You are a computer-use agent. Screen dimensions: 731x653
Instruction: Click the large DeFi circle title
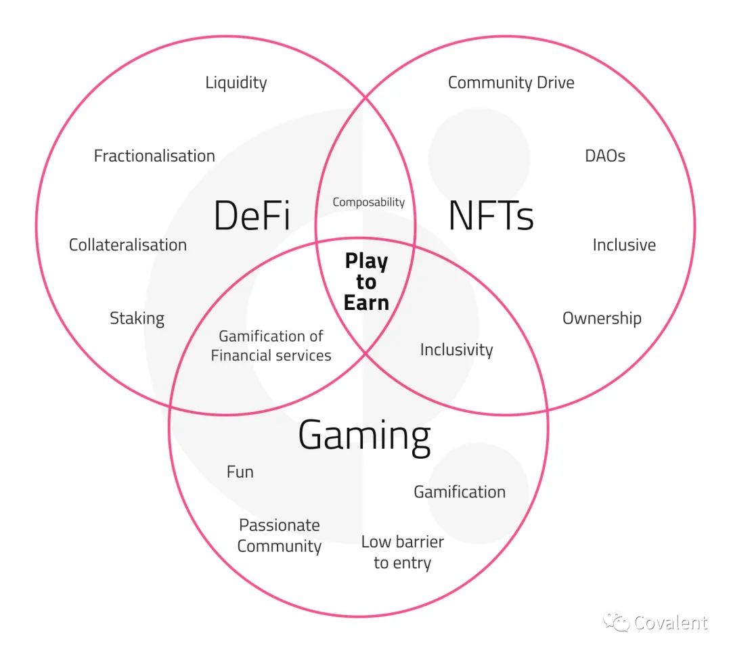pos(252,217)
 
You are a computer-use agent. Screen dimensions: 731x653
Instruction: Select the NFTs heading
pos(491,217)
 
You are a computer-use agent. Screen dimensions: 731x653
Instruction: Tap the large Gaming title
pos(364,434)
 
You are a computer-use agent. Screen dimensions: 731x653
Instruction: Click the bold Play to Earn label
pos(366,282)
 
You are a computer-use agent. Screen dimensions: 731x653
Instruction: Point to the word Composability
pos(368,202)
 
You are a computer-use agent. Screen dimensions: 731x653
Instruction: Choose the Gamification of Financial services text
pos(271,345)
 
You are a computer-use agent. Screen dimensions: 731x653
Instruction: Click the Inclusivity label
pos(456,350)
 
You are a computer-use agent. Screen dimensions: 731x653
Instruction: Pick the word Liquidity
pos(236,83)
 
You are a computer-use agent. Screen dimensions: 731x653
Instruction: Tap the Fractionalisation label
pos(154,156)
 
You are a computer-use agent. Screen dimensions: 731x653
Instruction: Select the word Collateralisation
pos(128,244)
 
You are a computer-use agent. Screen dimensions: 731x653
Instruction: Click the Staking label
pos(137,318)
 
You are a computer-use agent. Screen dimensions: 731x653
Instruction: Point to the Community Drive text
pos(511,83)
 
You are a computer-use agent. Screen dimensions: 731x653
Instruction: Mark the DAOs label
pos(604,156)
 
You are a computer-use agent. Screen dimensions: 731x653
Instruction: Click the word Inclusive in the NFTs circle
pos(624,244)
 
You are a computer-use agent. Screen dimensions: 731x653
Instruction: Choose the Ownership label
pos(602,318)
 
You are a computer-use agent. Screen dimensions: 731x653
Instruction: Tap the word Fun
pos(240,472)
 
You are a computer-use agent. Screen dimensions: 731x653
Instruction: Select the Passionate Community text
pos(279,535)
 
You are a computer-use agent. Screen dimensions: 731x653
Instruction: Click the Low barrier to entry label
pos(402,552)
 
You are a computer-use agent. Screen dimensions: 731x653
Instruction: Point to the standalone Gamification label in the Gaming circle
pos(460,491)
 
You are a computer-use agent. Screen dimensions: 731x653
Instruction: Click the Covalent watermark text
pos(670,623)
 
